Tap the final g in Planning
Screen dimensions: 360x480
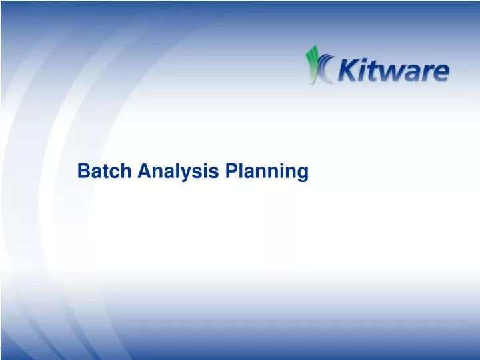tap(303, 173)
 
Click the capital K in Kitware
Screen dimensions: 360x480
tap(351, 70)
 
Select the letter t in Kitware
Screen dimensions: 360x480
tap(378, 71)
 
